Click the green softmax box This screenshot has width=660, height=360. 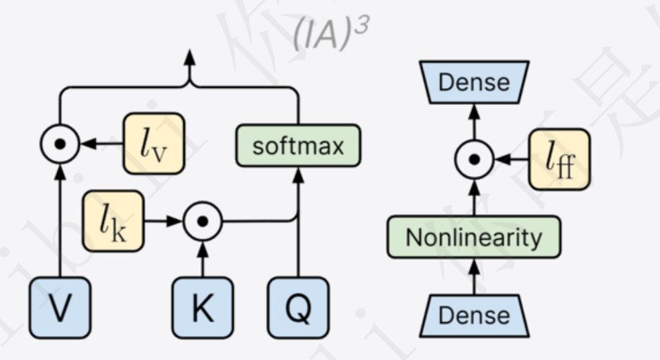point(298,146)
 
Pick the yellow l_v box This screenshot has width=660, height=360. point(154,143)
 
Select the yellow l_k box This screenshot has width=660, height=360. point(113,221)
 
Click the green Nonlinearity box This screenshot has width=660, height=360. point(474,237)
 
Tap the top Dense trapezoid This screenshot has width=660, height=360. point(474,83)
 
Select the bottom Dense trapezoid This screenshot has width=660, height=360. point(474,314)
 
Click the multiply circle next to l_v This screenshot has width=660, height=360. point(60,144)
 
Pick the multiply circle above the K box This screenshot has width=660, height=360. point(203,221)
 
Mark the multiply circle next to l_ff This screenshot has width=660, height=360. point(474,160)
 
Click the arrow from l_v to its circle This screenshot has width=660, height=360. point(101,144)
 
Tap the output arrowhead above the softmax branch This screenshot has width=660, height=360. point(190,56)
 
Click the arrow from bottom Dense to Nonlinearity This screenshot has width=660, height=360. point(474,277)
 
